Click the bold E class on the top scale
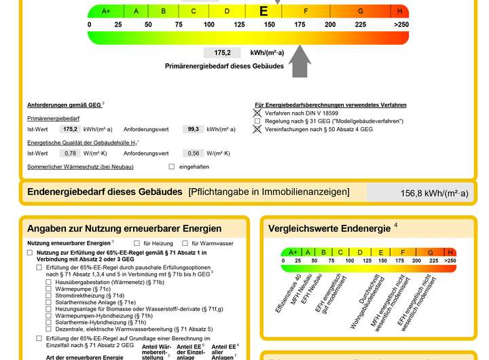coord(264,11)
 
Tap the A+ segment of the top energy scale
coord(106,12)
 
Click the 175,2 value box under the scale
coord(222,52)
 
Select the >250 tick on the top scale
coord(401,24)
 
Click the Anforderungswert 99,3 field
coord(194,129)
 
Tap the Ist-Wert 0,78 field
coord(69,154)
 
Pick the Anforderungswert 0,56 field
coord(194,154)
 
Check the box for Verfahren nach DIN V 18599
coord(257,113)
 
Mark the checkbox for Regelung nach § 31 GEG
coord(257,121)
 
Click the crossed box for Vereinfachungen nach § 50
coord(257,129)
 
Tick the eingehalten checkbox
coord(171,166)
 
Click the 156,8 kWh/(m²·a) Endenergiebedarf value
coord(434,194)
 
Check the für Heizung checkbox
coord(137,242)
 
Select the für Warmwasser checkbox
coord(185,242)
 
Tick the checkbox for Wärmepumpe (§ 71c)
coord(48,289)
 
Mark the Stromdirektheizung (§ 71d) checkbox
coord(48,295)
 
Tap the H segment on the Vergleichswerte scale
coord(450,252)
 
